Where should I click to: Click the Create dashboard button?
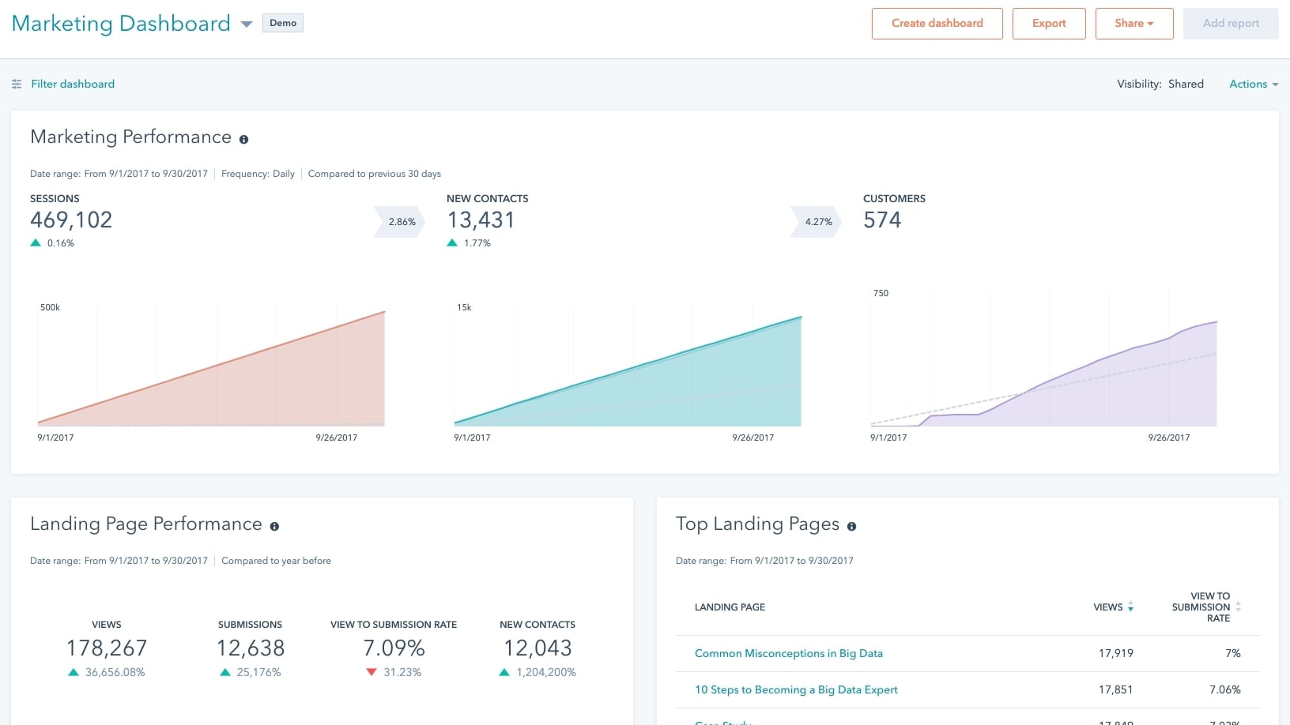click(937, 24)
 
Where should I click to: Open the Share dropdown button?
click(1133, 24)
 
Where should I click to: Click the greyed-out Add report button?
click(1230, 24)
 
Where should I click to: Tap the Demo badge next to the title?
click(283, 23)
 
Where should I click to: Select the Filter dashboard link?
click(72, 84)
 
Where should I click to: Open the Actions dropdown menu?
click(1253, 84)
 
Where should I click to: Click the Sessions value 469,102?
click(71, 220)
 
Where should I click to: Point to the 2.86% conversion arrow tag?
click(401, 222)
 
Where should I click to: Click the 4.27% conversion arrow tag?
click(817, 222)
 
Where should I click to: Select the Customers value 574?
click(882, 220)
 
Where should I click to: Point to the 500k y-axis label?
click(50, 307)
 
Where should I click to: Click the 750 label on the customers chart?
click(881, 293)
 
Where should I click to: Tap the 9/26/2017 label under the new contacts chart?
click(752, 438)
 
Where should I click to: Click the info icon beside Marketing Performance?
click(243, 139)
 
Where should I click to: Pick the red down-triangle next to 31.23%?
click(372, 672)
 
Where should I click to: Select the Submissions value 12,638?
click(250, 648)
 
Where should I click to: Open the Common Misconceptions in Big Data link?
click(788, 653)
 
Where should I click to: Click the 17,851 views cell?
click(1115, 689)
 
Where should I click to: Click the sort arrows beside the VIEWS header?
click(1130, 607)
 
